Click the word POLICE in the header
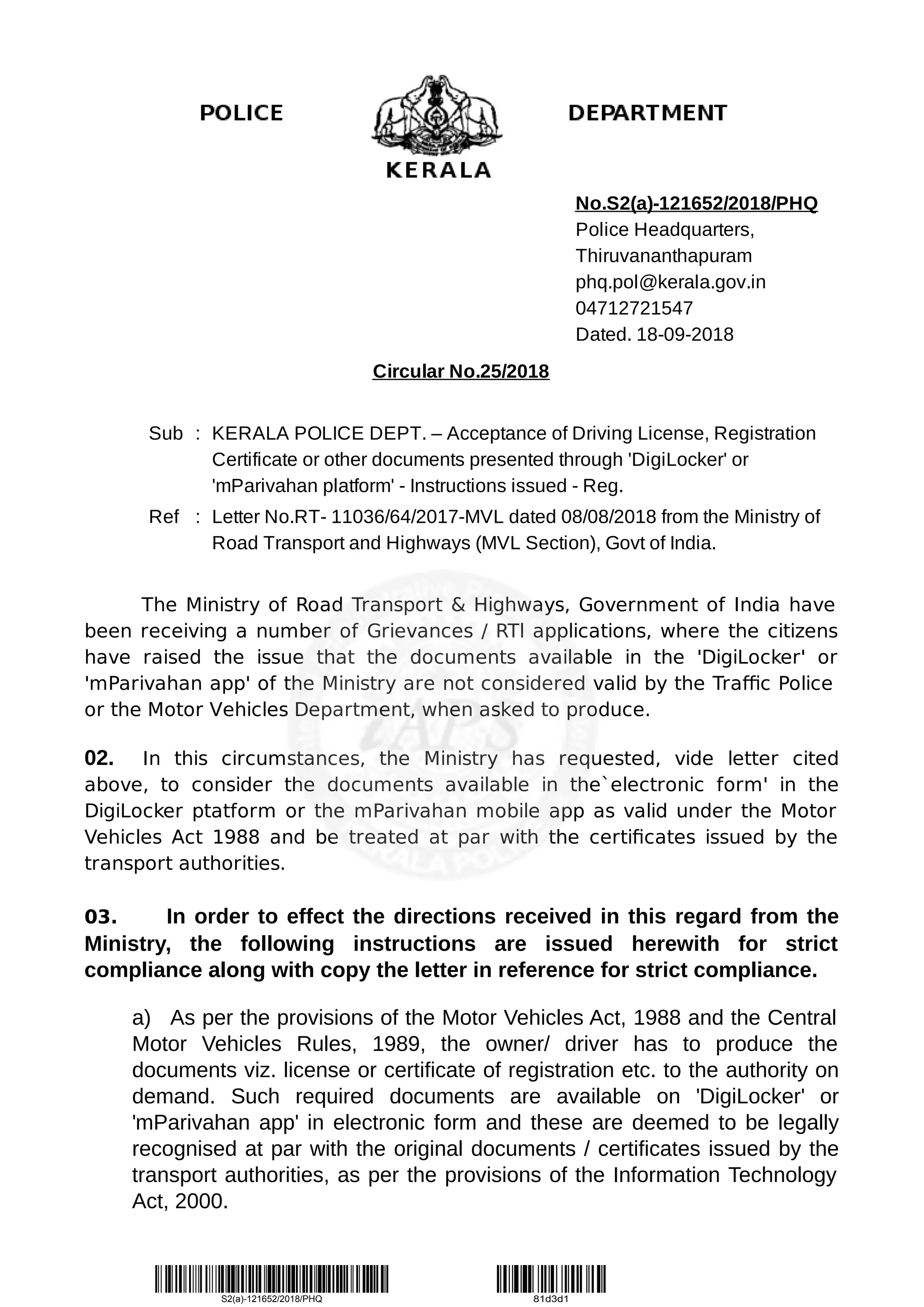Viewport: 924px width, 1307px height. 241,113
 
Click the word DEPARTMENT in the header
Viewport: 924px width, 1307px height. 647,113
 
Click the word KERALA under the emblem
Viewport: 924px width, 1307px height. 438,170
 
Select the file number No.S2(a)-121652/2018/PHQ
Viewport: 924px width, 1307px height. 696,203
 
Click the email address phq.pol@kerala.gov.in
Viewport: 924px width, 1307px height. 670,282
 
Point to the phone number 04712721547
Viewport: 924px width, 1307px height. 634,308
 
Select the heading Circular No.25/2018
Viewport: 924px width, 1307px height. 461,371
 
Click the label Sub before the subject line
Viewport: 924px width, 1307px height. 166,434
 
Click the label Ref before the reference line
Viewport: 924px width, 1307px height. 163,517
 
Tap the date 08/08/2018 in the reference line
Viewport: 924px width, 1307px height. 608,517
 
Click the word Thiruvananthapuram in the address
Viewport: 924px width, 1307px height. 663,256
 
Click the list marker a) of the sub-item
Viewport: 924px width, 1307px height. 141,1018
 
